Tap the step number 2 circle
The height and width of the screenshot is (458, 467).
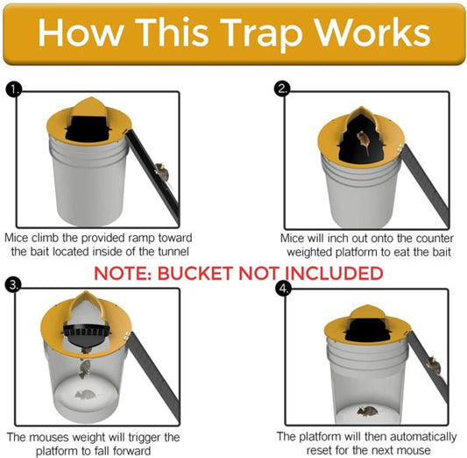[x=281, y=89]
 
